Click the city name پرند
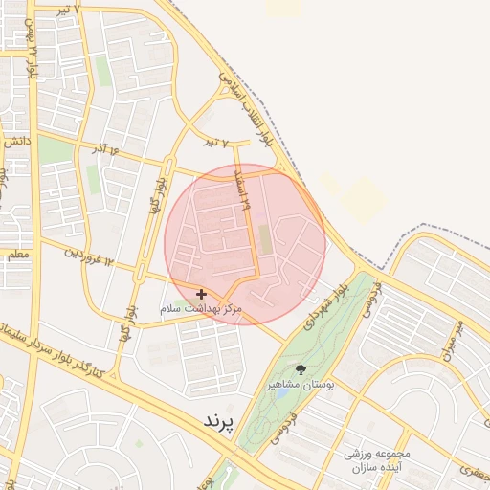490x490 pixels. point(219,421)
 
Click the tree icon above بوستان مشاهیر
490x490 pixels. point(301,368)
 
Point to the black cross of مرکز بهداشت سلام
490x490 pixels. point(201,294)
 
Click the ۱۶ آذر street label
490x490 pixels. point(112,150)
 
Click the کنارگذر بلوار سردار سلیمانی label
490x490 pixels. point(57,349)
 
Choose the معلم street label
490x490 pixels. point(16,256)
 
